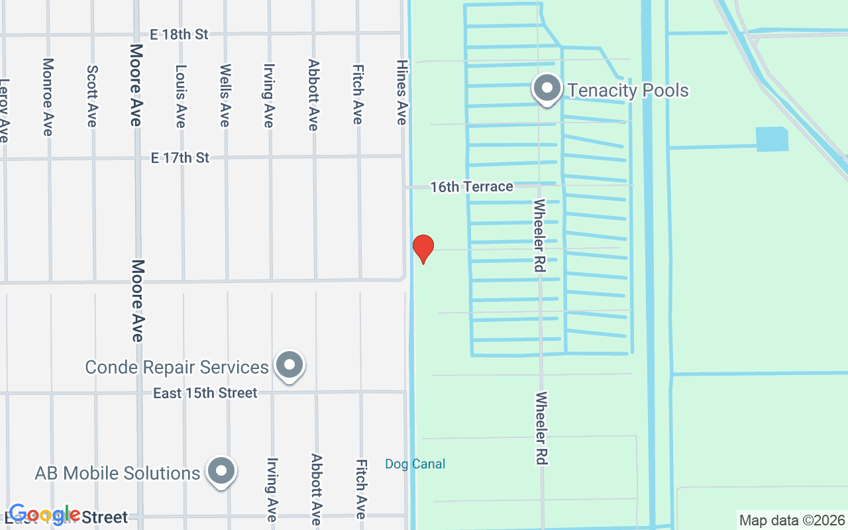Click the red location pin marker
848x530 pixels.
[x=423, y=248]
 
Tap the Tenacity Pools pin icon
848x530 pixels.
[x=547, y=89]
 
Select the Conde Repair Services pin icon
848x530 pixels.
[x=289, y=365]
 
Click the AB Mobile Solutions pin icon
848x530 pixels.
[x=221, y=471]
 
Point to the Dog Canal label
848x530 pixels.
[x=415, y=464]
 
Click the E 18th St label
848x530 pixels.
[x=180, y=34]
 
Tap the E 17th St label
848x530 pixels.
[x=180, y=158]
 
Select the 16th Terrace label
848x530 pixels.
[x=472, y=187]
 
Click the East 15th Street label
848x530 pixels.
[x=205, y=394]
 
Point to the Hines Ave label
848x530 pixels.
[x=401, y=92]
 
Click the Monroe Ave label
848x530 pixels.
[x=48, y=97]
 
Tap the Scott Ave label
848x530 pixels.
[x=92, y=95]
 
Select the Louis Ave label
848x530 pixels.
[x=180, y=95]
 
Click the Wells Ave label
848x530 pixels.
[x=225, y=95]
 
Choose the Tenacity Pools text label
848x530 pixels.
[x=628, y=90]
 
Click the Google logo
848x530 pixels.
[x=44, y=514]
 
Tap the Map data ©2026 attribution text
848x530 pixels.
[x=792, y=520]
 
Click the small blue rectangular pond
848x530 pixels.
[x=772, y=139]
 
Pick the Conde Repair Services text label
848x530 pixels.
[x=177, y=367]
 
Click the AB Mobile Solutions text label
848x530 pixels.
[x=117, y=473]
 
